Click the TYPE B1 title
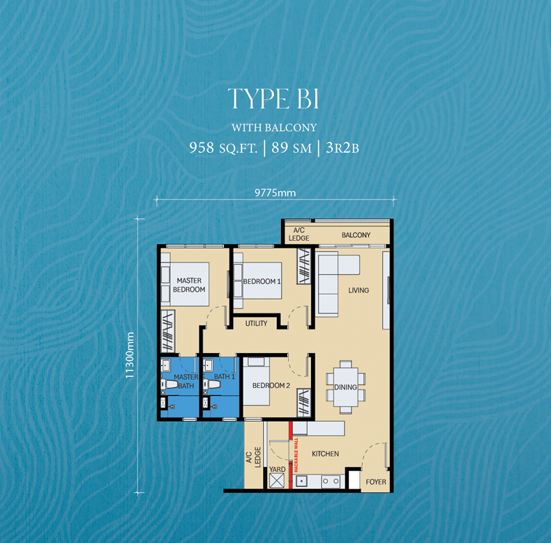(x=274, y=99)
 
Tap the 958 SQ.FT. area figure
(x=223, y=147)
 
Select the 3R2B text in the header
(x=342, y=147)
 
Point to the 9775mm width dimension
(x=275, y=193)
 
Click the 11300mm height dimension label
(x=130, y=355)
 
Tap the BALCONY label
(x=356, y=235)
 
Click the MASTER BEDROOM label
(x=189, y=285)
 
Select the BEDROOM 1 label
(x=262, y=282)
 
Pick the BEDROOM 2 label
(x=271, y=385)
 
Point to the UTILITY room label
(x=256, y=324)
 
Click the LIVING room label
(x=358, y=290)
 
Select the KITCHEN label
(x=325, y=454)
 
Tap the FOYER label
(x=376, y=482)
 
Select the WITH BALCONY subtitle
(x=274, y=128)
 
